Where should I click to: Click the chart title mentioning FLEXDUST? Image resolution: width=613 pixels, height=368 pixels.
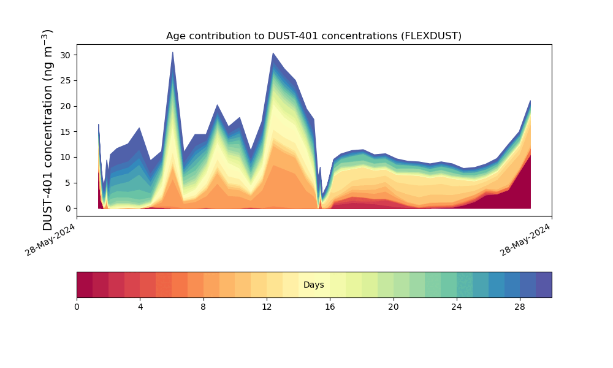313,36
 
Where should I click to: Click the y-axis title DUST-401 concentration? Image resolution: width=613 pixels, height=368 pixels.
48,129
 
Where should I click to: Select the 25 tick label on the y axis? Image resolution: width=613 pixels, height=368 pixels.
64,80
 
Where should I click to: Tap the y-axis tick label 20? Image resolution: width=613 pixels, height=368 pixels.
64,106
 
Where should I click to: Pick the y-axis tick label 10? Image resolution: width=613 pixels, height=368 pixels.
64,158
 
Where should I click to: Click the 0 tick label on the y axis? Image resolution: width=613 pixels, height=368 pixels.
67,209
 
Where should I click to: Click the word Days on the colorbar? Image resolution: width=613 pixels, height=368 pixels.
313,285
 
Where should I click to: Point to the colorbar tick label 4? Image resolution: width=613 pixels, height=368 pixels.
140,307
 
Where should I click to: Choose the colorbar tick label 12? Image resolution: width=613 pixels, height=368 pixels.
267,307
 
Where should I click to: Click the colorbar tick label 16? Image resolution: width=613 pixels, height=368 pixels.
330,307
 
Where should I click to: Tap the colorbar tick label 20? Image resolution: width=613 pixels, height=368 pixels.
393,307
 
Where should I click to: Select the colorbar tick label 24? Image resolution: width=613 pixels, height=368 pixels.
457,307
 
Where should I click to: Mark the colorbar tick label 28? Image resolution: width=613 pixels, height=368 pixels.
520,307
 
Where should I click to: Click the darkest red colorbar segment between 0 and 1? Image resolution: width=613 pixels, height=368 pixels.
85,285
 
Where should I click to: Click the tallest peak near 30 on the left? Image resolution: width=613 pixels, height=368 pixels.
173,53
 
